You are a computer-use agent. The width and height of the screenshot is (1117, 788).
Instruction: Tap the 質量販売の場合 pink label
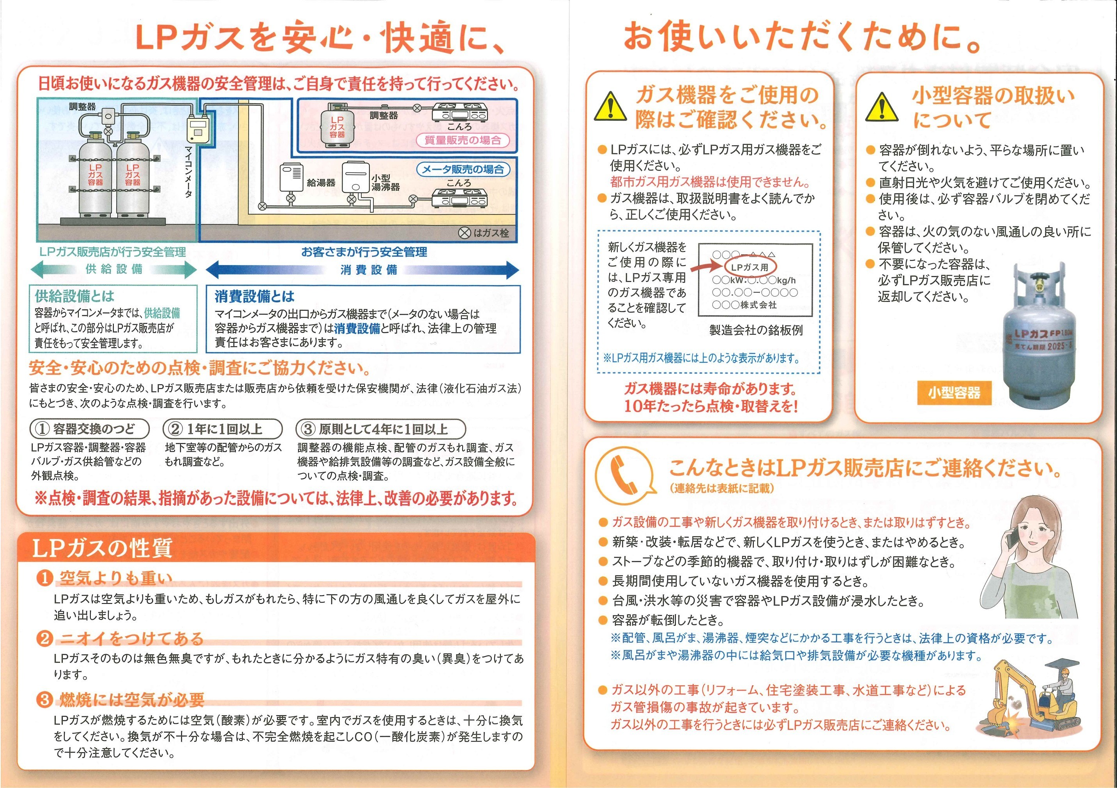pos(462,141)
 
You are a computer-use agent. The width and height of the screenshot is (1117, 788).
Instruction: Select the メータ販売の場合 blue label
pos(463,170)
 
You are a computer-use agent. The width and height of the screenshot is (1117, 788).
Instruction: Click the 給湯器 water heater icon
pos(291,179)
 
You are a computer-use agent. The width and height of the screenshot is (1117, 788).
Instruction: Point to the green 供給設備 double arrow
pos(113,269)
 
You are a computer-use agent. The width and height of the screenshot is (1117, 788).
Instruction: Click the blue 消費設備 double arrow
pos(362,270)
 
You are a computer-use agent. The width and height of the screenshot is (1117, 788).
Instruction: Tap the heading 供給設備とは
pos(74,295)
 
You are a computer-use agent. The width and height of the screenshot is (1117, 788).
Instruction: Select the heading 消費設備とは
pos(255,296)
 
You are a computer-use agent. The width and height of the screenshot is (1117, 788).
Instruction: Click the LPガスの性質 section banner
pos(102,548)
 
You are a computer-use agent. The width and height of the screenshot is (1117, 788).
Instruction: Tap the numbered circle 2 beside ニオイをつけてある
pos(44,638)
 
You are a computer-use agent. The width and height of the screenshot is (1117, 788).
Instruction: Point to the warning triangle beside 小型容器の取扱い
pos(881,107)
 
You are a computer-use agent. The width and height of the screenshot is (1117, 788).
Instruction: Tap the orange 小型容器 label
pos(954,393)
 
